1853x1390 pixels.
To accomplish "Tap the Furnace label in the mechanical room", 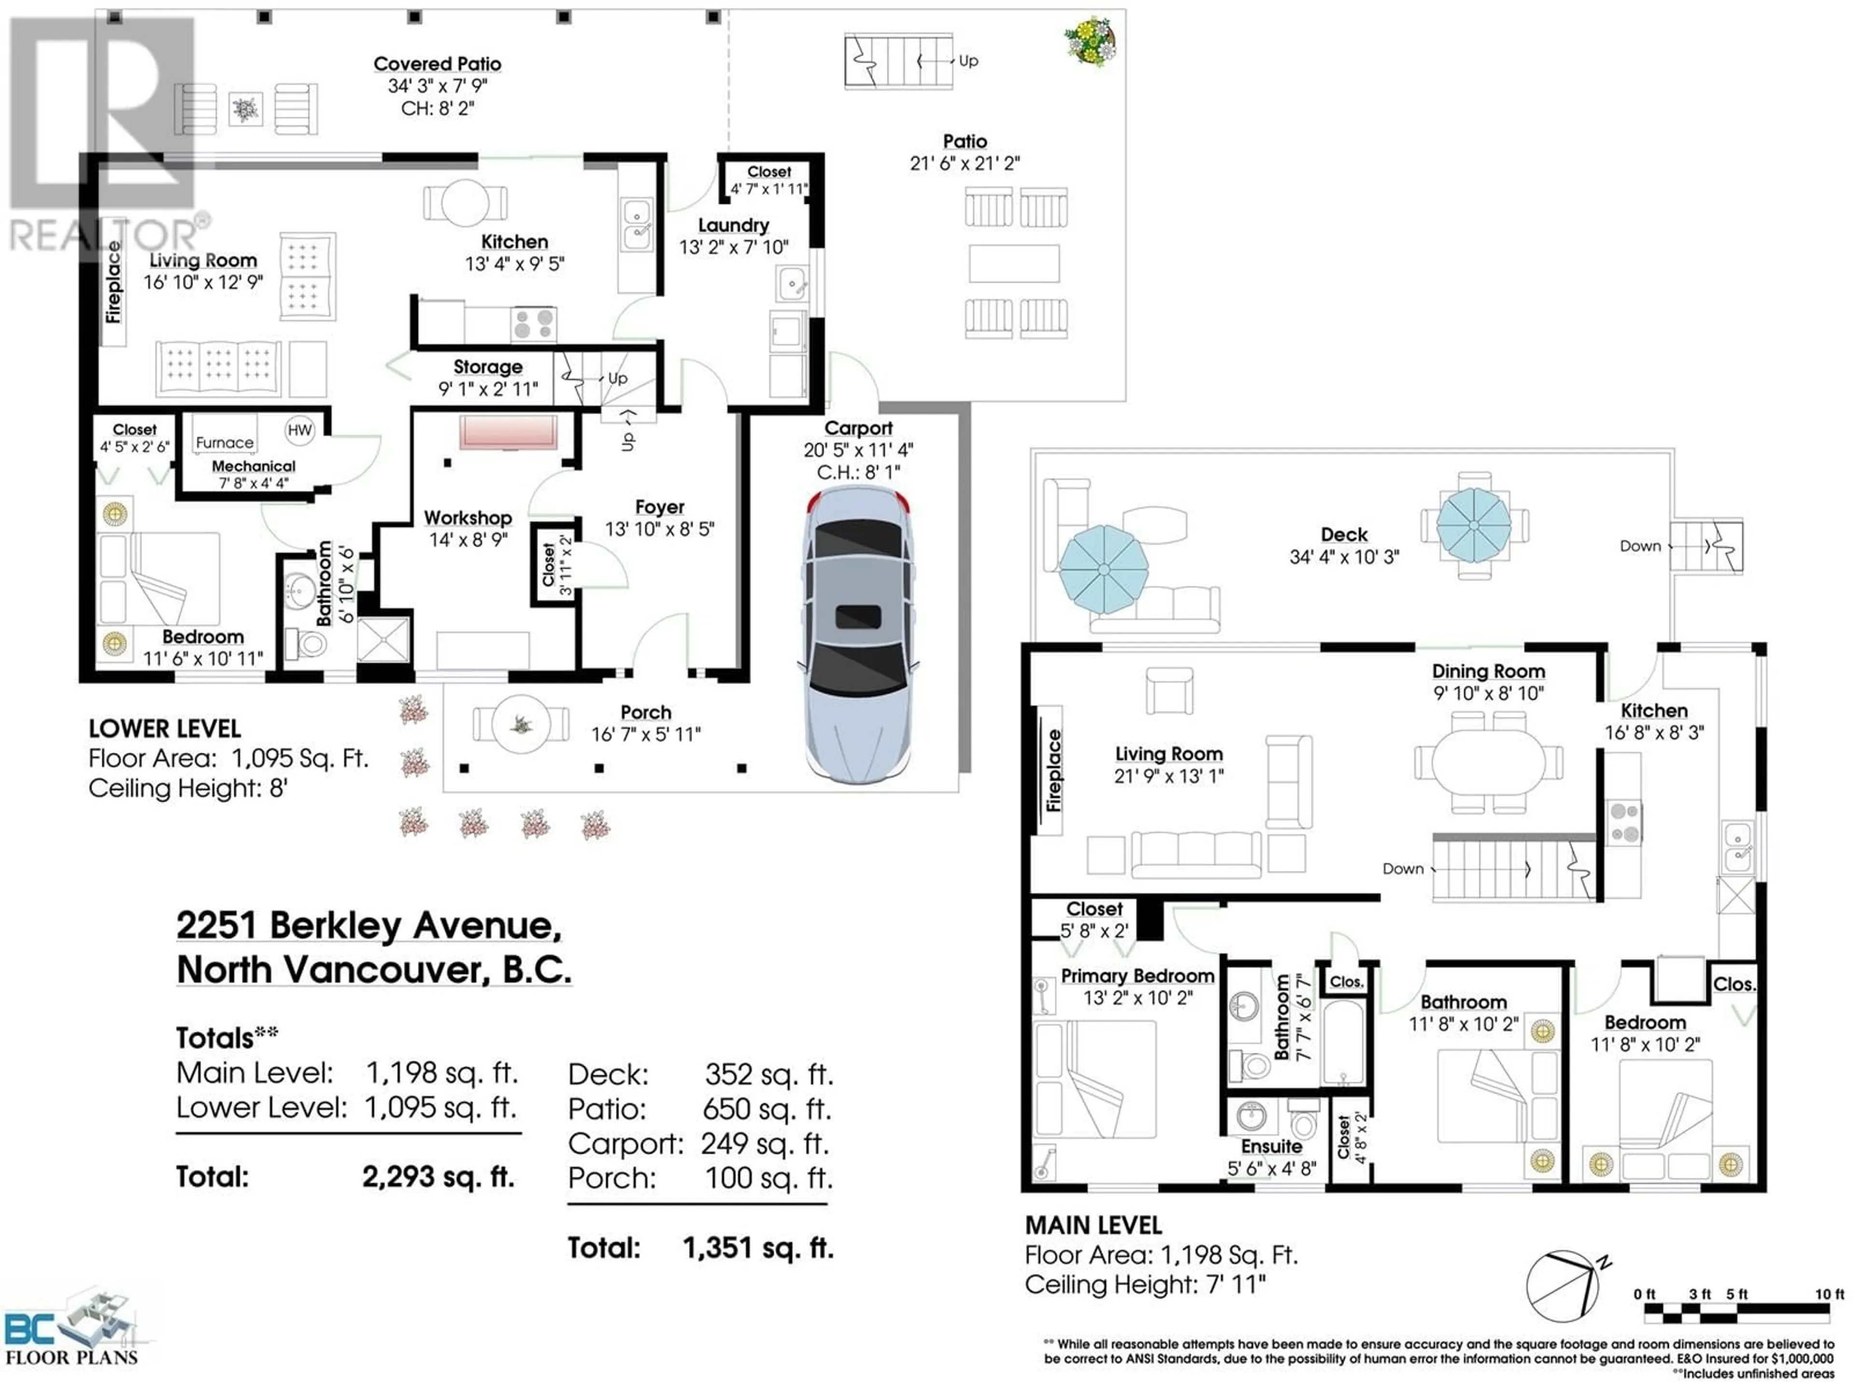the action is pos(224,443).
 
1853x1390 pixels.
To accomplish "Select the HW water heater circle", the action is pos(299,431).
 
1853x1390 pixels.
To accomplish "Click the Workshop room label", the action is pos(468,518).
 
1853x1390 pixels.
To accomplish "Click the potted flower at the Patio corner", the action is pos(1090,40).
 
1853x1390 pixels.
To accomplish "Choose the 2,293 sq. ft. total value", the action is pos(438,1177).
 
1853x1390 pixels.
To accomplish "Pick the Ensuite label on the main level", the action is pos(1272,1146).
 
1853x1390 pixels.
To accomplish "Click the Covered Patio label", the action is pos(437,64).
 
